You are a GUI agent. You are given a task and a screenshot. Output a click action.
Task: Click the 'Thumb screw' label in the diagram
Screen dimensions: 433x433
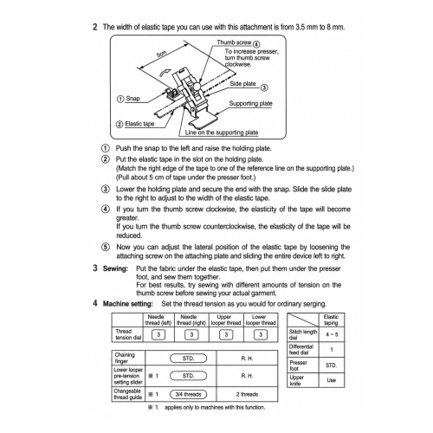click(x=234, y=42)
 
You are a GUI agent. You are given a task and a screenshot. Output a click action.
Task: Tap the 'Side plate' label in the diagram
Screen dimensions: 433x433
click(x=242, y=84)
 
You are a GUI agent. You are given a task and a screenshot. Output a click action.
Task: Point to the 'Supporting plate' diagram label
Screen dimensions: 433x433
click(x=250, y=103)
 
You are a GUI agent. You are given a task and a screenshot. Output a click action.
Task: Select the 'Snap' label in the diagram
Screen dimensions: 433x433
click(x=132, y=99)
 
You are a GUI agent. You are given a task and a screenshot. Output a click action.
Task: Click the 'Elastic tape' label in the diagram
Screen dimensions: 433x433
click(x=139, y=124)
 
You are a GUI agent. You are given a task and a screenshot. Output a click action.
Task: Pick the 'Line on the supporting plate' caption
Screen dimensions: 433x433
click(x=222, y=132)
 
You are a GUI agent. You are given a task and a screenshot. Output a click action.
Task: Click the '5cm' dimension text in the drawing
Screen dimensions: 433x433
click(x=161, y=55)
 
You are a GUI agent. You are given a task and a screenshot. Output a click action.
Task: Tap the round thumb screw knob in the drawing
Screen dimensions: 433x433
click(x=197, y=87)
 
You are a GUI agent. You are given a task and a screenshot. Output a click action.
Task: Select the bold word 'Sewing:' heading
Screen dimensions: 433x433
click(x=115, y=268)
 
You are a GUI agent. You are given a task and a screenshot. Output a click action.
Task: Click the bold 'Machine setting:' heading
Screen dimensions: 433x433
click(x=128, y=304)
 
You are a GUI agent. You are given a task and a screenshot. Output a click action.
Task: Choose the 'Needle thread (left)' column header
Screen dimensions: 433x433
click(x=158, y=320)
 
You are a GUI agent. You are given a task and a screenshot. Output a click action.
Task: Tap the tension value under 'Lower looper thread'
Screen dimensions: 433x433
click(x=261, y=334)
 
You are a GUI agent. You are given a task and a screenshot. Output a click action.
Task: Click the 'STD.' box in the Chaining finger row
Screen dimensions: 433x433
click(x=188, y=359)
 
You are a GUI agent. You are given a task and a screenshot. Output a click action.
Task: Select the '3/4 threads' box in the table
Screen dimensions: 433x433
click(x=188, y=394)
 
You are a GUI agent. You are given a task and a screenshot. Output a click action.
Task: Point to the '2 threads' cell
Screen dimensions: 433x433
click(x=247, y=394)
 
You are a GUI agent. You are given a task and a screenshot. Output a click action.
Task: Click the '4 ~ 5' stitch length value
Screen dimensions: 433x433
click(x=332, y=334)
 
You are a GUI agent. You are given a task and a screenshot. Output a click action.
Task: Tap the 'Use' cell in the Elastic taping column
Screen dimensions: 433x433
click(x=332, y=380)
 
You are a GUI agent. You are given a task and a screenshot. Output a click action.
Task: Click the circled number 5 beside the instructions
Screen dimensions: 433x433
click(x=106, y=247)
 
